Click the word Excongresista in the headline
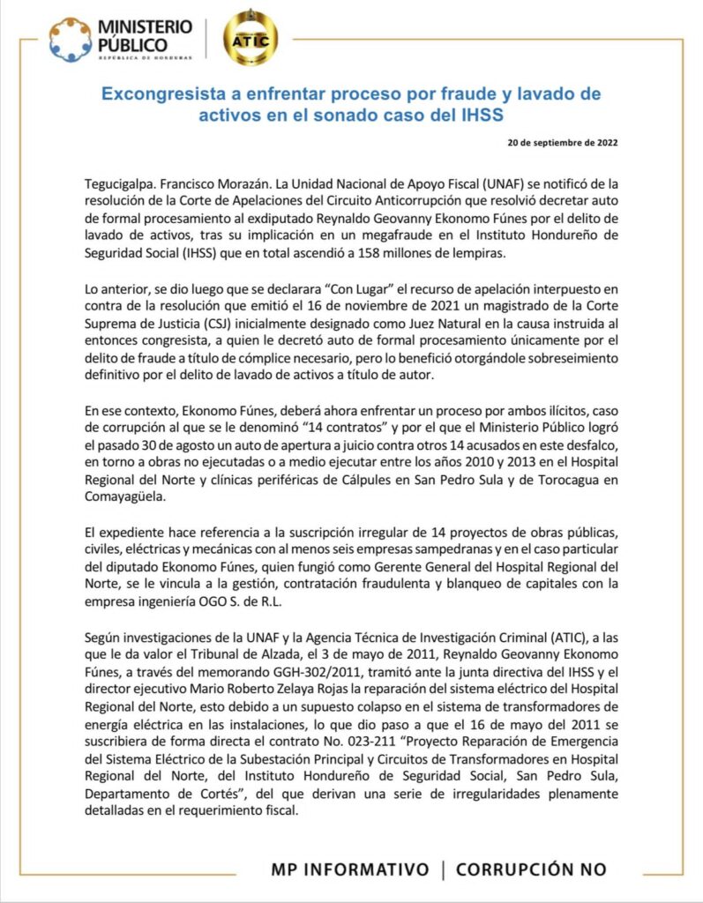tap(164, 93)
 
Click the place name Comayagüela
tap(119, 498)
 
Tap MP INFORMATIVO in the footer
tap(350, 869)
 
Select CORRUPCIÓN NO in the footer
tap(531, 869)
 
